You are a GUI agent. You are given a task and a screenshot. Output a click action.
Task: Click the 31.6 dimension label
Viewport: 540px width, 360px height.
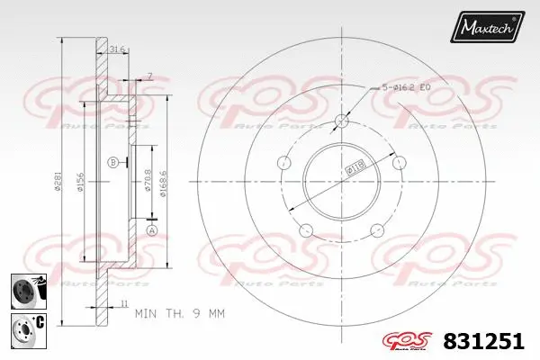click(x=116, y=49)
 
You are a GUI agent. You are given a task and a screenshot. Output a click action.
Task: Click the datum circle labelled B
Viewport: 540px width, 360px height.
click(x=113, y=162)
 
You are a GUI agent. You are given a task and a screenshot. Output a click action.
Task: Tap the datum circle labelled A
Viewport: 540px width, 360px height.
click(x=151, y=231)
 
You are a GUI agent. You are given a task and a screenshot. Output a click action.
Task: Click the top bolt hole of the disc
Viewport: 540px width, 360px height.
click(x=342, y=121)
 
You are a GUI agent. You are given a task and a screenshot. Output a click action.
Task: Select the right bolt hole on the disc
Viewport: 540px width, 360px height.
click(x=399, y=163)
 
